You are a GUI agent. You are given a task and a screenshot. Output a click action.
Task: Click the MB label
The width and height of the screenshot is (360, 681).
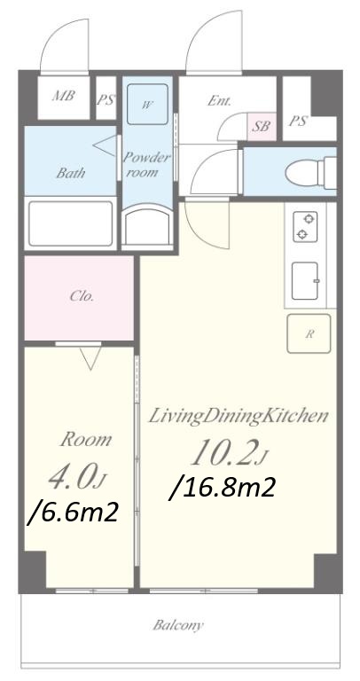(x=64, y=96)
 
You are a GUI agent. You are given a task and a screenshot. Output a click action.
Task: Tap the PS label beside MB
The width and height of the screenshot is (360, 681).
(x=106, y=100)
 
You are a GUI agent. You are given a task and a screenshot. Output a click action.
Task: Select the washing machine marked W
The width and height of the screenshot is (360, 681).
(x=147, y=105)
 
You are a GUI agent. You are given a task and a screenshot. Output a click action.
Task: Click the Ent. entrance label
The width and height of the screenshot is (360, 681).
(x=219, y=101)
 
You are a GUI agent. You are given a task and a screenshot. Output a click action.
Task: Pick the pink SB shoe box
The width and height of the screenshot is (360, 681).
(x=262, y=127)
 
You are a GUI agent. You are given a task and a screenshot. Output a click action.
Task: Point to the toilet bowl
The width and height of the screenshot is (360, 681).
(x=310, y=172)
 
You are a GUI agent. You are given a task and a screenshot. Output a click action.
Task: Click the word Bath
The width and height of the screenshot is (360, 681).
(x=70, y=173)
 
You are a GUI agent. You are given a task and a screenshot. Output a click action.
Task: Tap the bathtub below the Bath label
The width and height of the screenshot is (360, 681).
(x=70, y=223)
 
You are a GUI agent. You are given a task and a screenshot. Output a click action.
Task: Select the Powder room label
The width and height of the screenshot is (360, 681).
(x=147, y=165)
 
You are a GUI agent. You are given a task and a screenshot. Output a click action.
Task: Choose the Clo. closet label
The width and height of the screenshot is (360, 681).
(x=82, y=297)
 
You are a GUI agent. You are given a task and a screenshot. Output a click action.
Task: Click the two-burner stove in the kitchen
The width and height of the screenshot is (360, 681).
(x=305, y=226)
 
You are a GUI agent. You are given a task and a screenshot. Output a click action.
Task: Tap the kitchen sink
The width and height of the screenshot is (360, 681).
(x=305, y=281)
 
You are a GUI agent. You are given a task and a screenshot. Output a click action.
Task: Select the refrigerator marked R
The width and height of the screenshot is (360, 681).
(x=309, y=333)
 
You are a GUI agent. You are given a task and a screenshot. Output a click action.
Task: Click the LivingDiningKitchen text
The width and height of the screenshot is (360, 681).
(x=238, y=417)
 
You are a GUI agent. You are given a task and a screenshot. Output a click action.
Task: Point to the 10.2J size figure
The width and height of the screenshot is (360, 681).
(x=230, y=452)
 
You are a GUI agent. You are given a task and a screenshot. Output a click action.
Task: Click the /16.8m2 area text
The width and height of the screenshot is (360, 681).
(x=223, y=488)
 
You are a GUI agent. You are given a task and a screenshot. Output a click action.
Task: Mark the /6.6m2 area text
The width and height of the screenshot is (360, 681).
(x=73, y=513)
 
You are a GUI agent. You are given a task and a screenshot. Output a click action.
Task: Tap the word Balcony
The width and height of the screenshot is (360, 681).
(x=178, y=625)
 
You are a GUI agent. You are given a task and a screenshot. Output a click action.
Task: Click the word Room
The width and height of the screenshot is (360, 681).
(x=85, y=440)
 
